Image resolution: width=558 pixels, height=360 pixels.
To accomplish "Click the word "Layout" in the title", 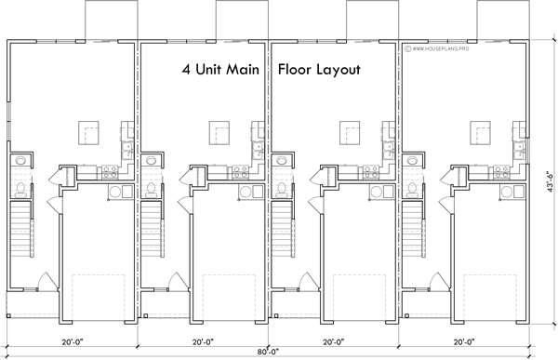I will pos(337,70).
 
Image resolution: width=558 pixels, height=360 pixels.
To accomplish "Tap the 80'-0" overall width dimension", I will pos(270,352).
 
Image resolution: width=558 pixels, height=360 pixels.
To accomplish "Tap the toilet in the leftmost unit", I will pos(20,189).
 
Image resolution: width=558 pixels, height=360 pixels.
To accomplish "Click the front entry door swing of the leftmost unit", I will pos(46,281).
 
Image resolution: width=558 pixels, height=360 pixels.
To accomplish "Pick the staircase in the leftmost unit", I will pos(20,233).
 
